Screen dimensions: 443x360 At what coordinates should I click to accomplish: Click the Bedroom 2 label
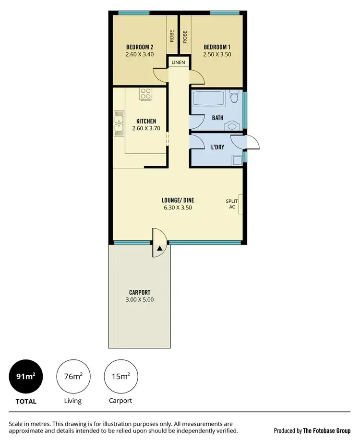point(140,47)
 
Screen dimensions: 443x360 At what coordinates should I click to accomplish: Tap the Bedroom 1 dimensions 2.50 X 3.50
point(217,54)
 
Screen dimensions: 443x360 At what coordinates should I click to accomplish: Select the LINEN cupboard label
point(178,62)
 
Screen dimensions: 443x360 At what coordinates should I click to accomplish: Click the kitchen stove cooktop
point(145,94)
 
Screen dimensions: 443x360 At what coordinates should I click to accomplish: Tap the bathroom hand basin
point(233,126)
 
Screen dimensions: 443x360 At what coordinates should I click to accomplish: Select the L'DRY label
point(219,148)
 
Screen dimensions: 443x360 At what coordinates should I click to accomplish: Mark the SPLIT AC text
point(232,204)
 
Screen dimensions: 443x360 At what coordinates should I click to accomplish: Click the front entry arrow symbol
point(159,248)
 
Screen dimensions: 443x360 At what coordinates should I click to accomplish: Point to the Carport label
point(140,292)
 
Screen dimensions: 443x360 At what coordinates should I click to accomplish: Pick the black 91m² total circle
point(26,376)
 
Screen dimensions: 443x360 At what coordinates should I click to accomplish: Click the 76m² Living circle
point(73,376)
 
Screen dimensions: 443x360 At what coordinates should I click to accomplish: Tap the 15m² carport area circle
point(120,376)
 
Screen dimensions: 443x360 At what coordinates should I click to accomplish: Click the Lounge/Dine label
point(178,200)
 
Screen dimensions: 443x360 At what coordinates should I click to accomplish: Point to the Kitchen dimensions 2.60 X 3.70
point(146,128)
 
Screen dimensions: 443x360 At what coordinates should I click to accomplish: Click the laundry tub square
point(236,160)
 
